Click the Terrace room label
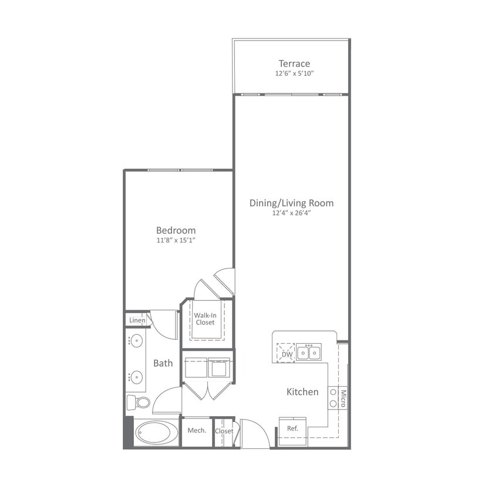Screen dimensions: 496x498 (x=294, y=63)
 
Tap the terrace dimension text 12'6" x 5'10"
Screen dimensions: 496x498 (x=294, y=74)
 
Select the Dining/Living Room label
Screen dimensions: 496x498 (x=291, y=203)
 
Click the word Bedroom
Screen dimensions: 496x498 (x=176, y=230)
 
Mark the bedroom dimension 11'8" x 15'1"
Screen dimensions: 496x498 (x=176, y=240)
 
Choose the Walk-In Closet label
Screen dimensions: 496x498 (x=205, y=319)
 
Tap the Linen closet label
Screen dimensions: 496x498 (x=137, y=320)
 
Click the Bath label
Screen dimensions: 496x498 (x=163, y=363)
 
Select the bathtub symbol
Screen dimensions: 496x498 (x=156, y=433)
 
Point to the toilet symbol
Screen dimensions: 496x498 (x=139, y=403)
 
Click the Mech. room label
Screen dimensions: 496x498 (x=197, y=431)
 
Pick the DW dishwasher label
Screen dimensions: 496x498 (x=287, y=354)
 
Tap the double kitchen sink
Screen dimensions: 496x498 (x=309, y=353)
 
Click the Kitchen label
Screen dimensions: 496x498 (x=302, y=392)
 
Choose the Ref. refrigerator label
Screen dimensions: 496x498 (x=292, y=428)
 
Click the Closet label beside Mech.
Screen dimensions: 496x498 (x=224, y=431)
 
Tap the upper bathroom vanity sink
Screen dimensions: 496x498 (x=136, y=340)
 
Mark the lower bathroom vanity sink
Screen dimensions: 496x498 (x=136, y=377)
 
